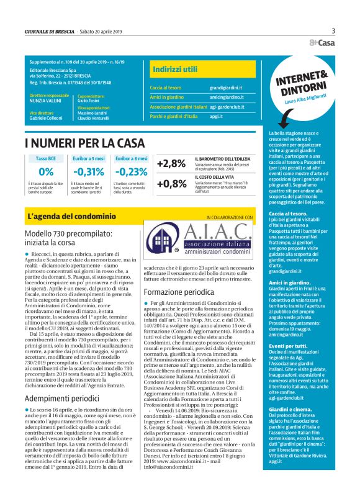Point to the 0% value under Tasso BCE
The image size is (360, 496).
tap(46, 172)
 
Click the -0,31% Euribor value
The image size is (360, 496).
tap(89, 172)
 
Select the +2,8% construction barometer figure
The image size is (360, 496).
tap(171, 163)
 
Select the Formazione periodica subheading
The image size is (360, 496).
tap(179, 291)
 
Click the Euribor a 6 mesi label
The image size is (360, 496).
tap(130, 158)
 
